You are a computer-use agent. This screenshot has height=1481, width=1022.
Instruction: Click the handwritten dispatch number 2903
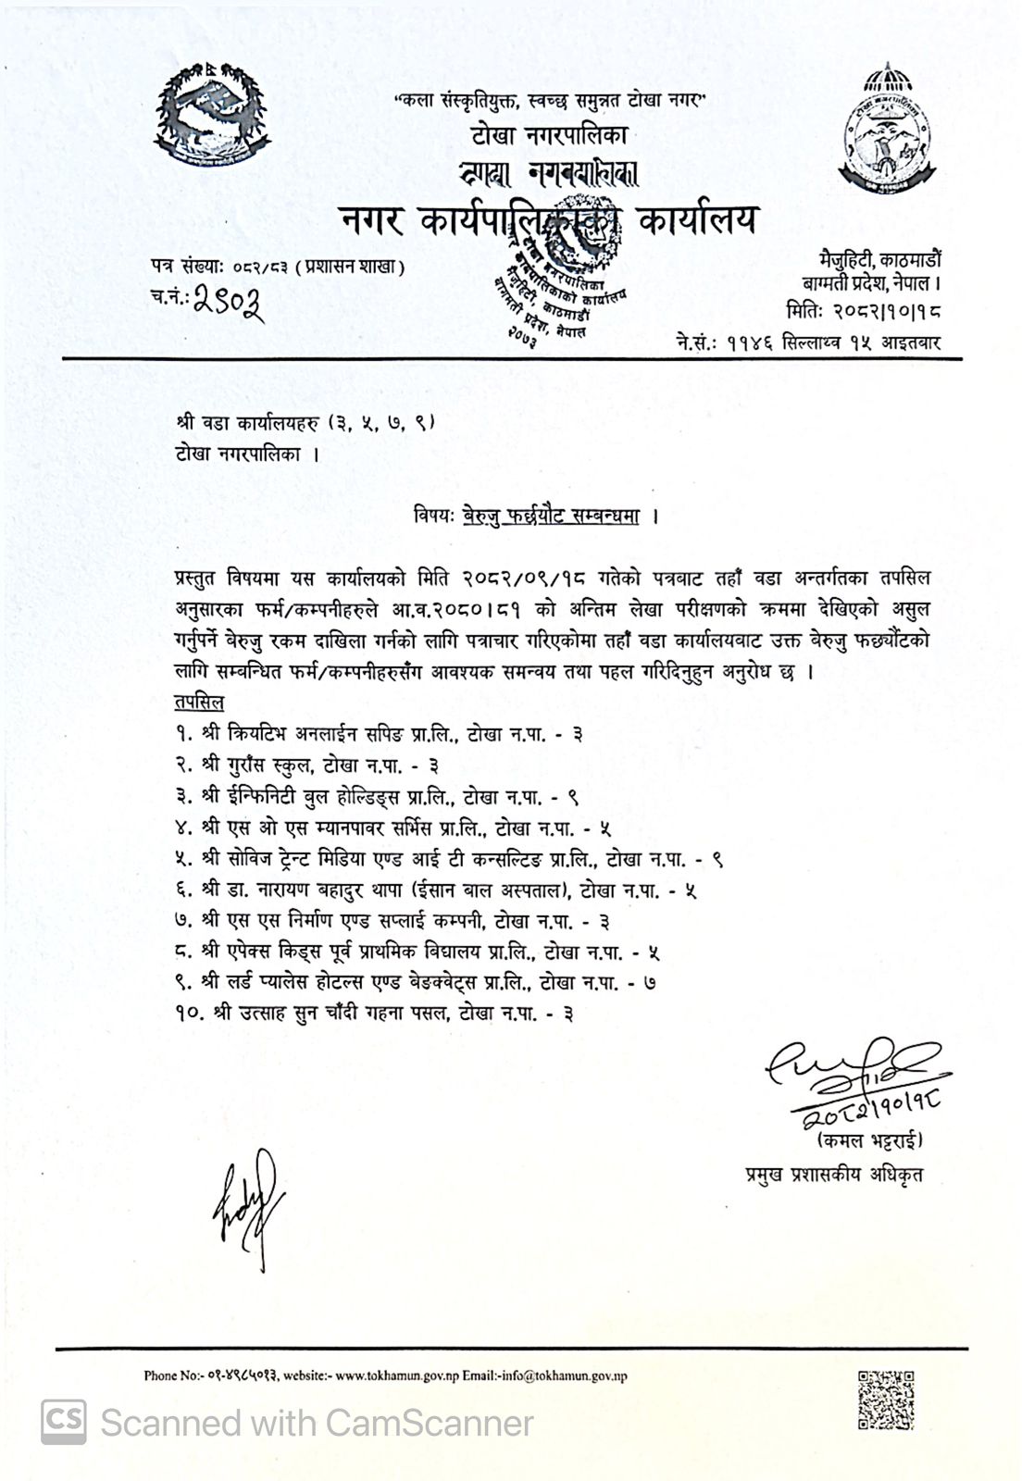coord(228,301)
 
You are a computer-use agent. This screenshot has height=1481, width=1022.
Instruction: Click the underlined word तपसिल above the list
coord(198,703)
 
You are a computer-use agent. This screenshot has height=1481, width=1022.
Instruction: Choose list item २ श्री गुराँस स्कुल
coord(305,765)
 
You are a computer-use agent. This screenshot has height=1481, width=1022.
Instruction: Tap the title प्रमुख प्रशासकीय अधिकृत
coord(833,1175)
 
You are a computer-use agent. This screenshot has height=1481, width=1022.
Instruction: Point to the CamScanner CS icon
coord(63,1421)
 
